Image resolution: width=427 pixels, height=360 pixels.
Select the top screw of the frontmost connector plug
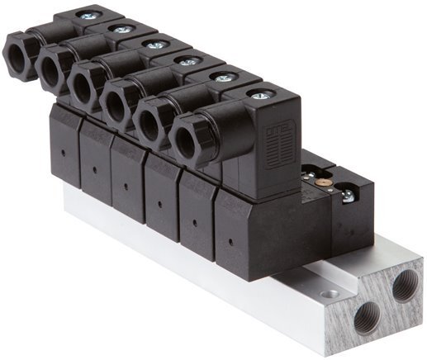(x=259, y=96)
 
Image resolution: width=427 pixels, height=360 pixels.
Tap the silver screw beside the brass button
(x=348, y=197)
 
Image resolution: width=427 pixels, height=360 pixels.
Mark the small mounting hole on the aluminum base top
(x=330, y=293)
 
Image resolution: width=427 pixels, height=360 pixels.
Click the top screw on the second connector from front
(x=223, y=77)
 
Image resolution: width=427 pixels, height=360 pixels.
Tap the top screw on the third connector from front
(x=188, y=61)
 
